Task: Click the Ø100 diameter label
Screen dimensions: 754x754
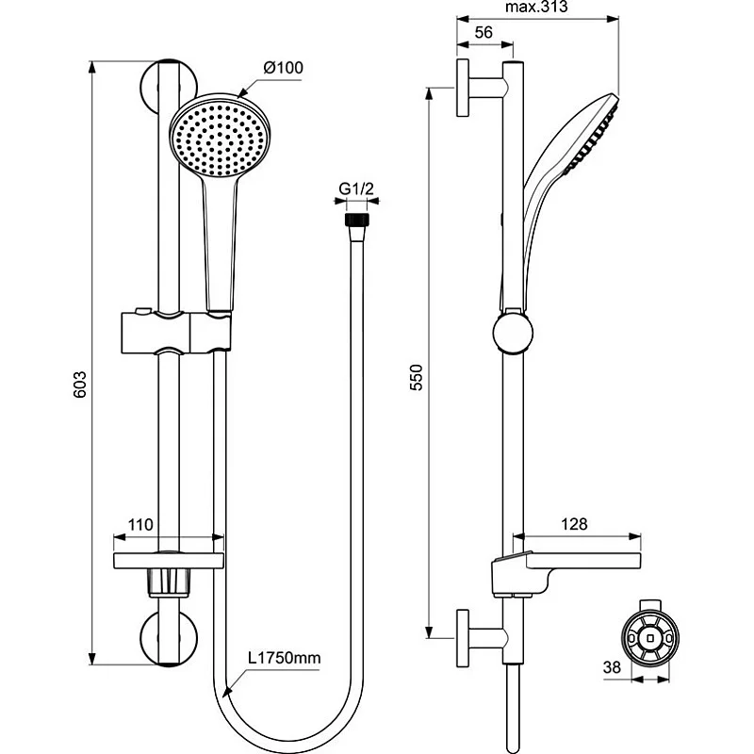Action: pyautogui.click(x=284, y=68)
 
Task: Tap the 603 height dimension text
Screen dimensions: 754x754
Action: pyautogui.click(x=80, y=385)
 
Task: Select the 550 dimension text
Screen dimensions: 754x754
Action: pyautogui.click(x=417, y=378)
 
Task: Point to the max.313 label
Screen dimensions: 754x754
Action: pyautogui.click(x=536, y=7)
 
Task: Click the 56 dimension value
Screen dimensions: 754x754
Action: pyautogui.click(x=484, y=32)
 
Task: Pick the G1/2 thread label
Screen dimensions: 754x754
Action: pyautogui.click(x=356, y=188)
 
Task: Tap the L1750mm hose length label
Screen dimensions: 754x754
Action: pyautogui.click(x=285, y=657)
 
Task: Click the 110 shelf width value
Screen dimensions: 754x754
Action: pyautogui.click(x=140, y=525)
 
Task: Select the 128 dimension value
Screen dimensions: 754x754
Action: pyautogui.click(x=574, y=524)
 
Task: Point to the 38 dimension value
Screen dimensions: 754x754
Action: pyautogui.click(x=612, y=667)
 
